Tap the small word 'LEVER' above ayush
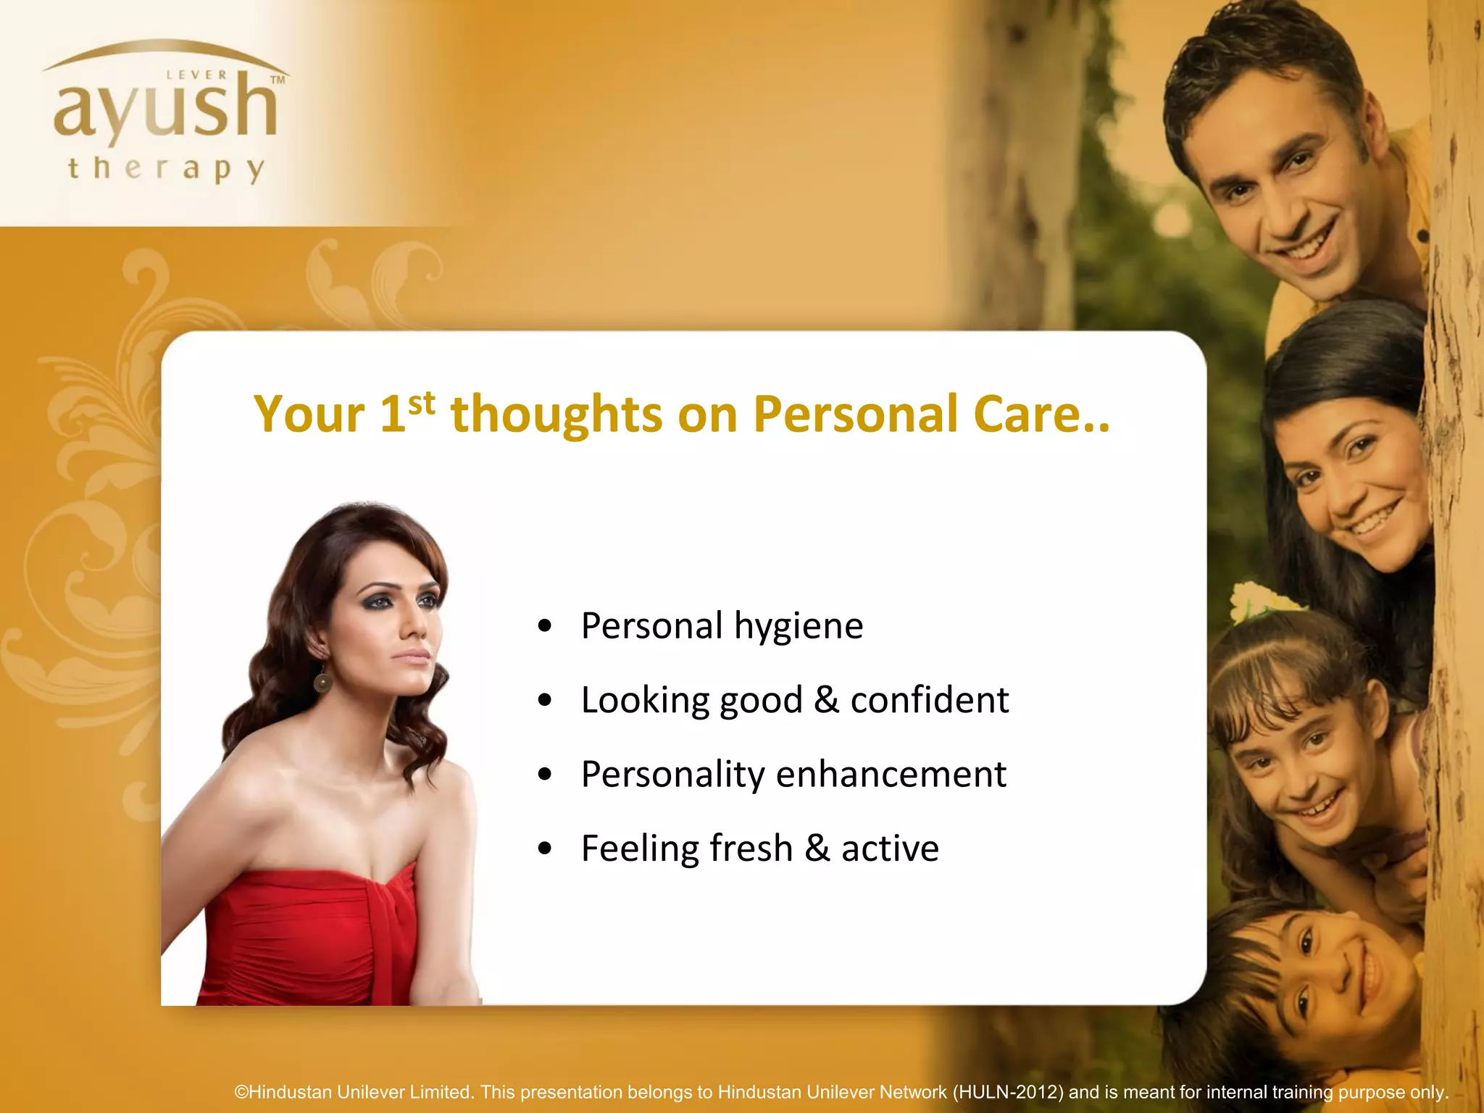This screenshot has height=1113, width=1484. coord(196,75)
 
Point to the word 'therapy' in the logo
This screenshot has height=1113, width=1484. coord(166,169)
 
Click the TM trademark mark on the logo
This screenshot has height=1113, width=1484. coord(278,80)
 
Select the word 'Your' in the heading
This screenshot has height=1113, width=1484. coord(309,415)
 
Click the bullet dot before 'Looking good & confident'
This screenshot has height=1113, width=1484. coord(546,700)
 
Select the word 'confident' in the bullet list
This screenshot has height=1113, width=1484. coord(929,700)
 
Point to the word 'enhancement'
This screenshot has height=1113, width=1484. coord(891,775)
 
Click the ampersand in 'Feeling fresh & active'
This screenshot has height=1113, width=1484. coord(817,848)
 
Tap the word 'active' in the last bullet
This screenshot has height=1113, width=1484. coord(890,848)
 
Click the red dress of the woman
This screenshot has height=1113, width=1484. coord(304,935)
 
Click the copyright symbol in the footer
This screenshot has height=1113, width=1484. coord(241,1092)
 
